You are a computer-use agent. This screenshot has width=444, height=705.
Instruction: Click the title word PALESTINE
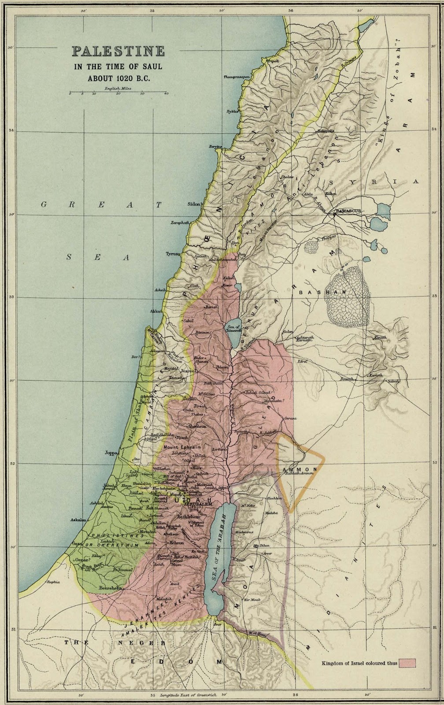click(x=118, y=52)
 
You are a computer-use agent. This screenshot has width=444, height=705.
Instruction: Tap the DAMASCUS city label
click(x=348, y=211)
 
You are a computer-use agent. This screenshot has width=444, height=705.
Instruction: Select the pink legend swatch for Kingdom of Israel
click(x=407, y=663)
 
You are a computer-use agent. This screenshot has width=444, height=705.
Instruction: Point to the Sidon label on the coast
click(x=193, y=204)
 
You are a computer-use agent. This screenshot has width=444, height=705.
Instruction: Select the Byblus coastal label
click(x=232, y=111)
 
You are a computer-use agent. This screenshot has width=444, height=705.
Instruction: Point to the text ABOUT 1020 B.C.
click(x=118, y=78)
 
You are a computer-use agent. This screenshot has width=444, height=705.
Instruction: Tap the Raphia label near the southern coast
click(x=53, y=582)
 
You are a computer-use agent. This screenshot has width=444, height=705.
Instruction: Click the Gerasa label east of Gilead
click(x=291, y=418)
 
